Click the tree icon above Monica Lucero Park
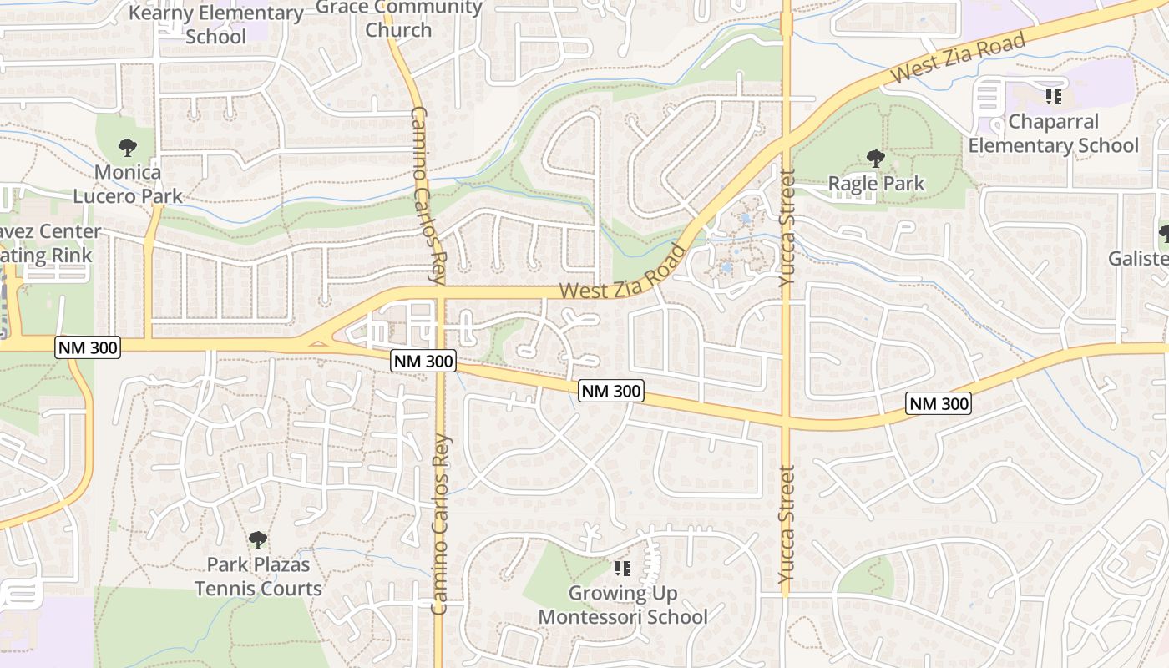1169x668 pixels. coord(128,148)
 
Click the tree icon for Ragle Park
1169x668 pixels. coord(875,158)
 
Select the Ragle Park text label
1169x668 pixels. coord(876,183)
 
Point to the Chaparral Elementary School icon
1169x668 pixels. coord(1054,97)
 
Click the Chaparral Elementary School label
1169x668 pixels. coord(1053,134)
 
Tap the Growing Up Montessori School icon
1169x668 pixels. coord(623,569)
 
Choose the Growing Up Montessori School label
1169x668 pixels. coord(623,605)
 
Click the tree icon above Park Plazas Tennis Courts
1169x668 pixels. coord(258,539)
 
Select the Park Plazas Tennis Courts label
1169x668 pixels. coord(258,576)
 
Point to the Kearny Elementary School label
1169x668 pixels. coord(216,24)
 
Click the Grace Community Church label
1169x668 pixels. coord(399,18)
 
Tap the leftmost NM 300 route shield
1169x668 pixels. coord(88,347)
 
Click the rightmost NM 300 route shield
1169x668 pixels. coord(939,404)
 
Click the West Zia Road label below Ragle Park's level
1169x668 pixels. coord(623,272)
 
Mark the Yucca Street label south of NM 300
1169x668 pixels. coord(787,524)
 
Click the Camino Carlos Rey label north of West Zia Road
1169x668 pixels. coord(431,196)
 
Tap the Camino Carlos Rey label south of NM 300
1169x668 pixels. coord(441,524)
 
